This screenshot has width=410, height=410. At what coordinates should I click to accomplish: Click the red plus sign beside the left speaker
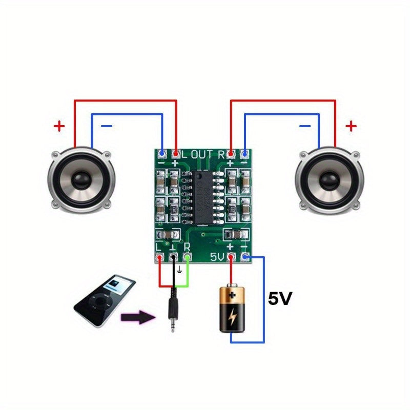(x=60, y=126)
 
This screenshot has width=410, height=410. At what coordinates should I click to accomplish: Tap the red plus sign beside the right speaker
(x=351, y=126)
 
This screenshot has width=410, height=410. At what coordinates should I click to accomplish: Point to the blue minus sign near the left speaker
(x=107, y=126)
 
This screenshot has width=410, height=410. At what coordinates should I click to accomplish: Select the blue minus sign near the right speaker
(x=305, y=125)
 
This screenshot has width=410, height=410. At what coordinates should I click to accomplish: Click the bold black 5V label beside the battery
(x=280, y=299)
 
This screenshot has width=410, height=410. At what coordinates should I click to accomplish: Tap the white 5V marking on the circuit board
(x=217, y=257)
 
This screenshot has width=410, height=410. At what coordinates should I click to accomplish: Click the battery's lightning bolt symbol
(x=233, y=318)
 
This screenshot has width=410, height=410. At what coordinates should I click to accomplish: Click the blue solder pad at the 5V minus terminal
(x=245, y=257)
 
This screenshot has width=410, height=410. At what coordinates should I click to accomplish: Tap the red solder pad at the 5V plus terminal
(x=232, y=257)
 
